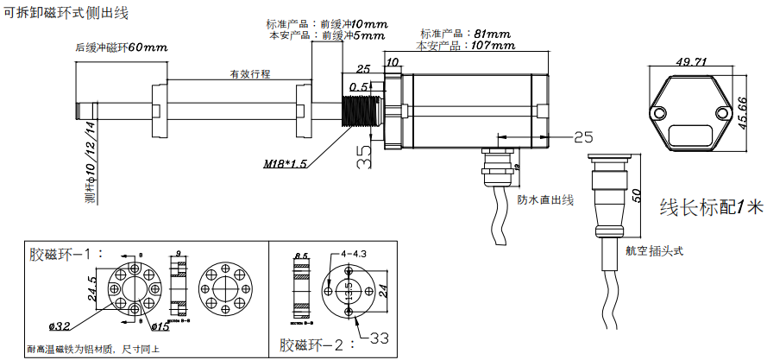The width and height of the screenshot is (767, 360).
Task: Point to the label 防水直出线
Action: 545,199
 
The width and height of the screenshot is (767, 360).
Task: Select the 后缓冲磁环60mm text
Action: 121,47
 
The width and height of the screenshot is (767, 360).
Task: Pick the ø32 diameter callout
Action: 60,326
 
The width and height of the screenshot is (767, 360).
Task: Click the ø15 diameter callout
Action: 159,326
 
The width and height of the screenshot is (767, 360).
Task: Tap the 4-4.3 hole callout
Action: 355,255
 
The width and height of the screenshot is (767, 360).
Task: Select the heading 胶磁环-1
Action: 66,255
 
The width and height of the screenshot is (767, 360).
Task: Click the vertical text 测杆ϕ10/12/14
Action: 90,165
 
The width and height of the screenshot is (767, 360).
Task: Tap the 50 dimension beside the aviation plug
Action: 636,193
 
